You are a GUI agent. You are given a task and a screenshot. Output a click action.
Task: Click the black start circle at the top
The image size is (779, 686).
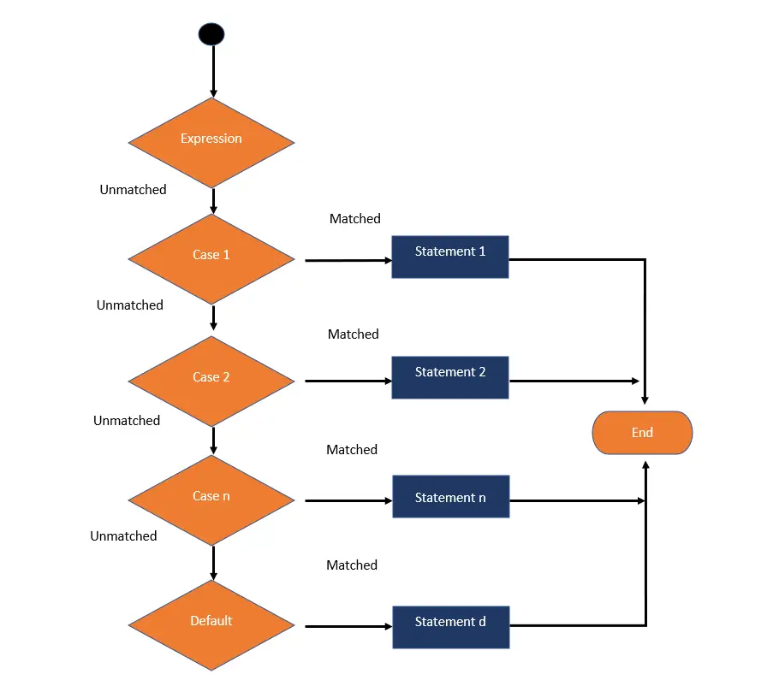[211, 34]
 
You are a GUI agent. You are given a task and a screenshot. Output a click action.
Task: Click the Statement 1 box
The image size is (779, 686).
[450, 257]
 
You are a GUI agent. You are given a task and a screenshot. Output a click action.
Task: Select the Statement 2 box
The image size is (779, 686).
[450, 377]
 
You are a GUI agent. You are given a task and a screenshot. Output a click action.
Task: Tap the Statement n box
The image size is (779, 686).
[450, 497]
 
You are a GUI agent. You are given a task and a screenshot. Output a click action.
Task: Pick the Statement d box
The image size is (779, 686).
[450, 626]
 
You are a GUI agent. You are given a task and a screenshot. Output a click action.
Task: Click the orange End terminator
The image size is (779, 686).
[642, 433]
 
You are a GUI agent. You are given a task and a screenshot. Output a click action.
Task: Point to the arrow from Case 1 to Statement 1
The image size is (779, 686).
[347, 260]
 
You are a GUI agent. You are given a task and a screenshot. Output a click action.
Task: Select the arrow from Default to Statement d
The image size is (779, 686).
[347, 626]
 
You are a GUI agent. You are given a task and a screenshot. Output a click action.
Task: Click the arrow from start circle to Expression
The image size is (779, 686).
[213, 73]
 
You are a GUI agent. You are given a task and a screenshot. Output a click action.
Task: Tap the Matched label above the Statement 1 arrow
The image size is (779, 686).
[354, 219]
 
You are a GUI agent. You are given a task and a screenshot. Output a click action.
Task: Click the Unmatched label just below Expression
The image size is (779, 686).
[133, 190]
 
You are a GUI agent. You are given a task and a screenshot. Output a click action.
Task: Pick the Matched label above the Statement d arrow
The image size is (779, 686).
[352, 565]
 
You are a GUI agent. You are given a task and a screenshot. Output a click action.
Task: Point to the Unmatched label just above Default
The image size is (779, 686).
[123, 536]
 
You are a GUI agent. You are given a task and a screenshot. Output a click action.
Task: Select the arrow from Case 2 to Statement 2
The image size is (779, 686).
[347, 381]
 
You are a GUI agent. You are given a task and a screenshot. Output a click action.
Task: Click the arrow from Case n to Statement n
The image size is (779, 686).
[347, 500]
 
